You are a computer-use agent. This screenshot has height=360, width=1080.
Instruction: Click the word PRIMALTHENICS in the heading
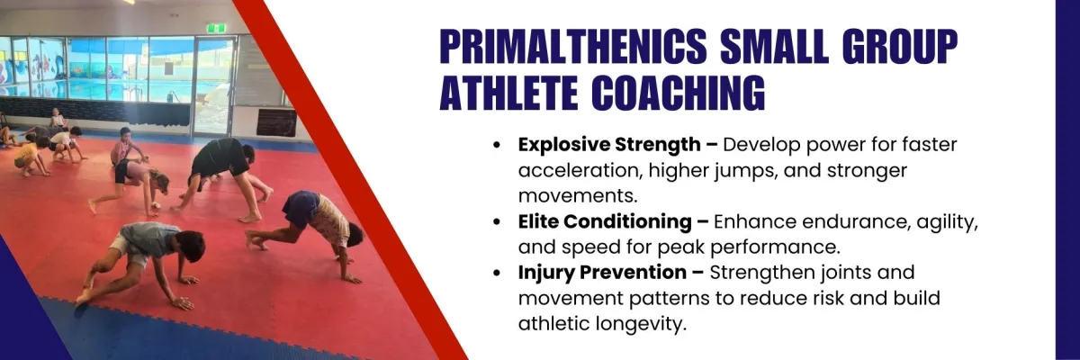572,47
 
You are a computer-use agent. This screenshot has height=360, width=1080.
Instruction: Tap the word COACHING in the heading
679,92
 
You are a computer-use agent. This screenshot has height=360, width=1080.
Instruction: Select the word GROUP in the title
900,47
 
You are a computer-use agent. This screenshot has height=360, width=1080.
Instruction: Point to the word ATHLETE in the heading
508,92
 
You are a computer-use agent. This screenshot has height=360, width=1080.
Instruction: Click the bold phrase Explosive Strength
609,145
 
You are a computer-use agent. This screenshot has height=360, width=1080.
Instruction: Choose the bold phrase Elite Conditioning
605,222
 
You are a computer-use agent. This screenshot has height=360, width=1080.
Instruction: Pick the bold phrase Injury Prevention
602,273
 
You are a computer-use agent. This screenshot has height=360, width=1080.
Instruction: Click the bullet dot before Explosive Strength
497,145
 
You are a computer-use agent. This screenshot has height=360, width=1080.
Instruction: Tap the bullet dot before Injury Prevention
497,273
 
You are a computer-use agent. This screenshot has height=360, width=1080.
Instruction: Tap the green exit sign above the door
215,29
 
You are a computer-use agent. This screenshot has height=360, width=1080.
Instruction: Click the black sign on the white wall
277,122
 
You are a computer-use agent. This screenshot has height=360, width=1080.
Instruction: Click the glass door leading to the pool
214,85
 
